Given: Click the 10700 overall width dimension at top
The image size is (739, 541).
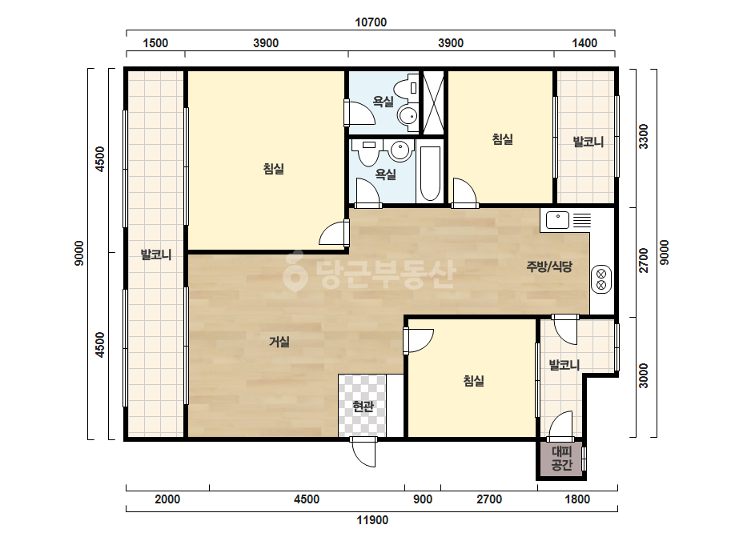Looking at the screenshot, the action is (x=371, y=22).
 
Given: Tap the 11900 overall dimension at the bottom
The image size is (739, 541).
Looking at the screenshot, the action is (x=372, y=520).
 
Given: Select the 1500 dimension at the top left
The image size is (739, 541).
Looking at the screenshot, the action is (x=155, y=43).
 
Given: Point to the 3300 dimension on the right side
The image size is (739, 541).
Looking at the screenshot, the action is (x=644, y=137).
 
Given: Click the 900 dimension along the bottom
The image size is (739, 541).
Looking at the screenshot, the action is (x=423, y=499).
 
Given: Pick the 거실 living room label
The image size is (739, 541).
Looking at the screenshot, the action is (x=279, y=342).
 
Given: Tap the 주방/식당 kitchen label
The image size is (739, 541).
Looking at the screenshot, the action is (x=549, y=266).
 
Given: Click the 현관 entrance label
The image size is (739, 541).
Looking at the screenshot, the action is (x=363, y=406).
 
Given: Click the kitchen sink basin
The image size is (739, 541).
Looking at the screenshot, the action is (x=557, y=219).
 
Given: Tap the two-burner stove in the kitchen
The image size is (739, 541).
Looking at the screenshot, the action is (x=601, y=279).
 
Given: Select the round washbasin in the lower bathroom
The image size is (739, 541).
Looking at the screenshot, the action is (x=400, y=150).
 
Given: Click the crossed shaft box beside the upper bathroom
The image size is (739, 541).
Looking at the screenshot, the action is (x=433, y=102).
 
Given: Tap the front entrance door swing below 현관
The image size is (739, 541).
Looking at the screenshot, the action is (x=363, y=452).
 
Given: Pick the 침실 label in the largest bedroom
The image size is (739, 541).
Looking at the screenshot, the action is (x=274, y=169).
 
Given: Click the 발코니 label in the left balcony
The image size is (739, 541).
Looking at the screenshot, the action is (x=156, y=255).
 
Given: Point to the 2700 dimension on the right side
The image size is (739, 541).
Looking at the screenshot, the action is (x=644, y=260).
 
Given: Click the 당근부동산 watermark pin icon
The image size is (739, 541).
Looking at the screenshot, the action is (x=295, y=271).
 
